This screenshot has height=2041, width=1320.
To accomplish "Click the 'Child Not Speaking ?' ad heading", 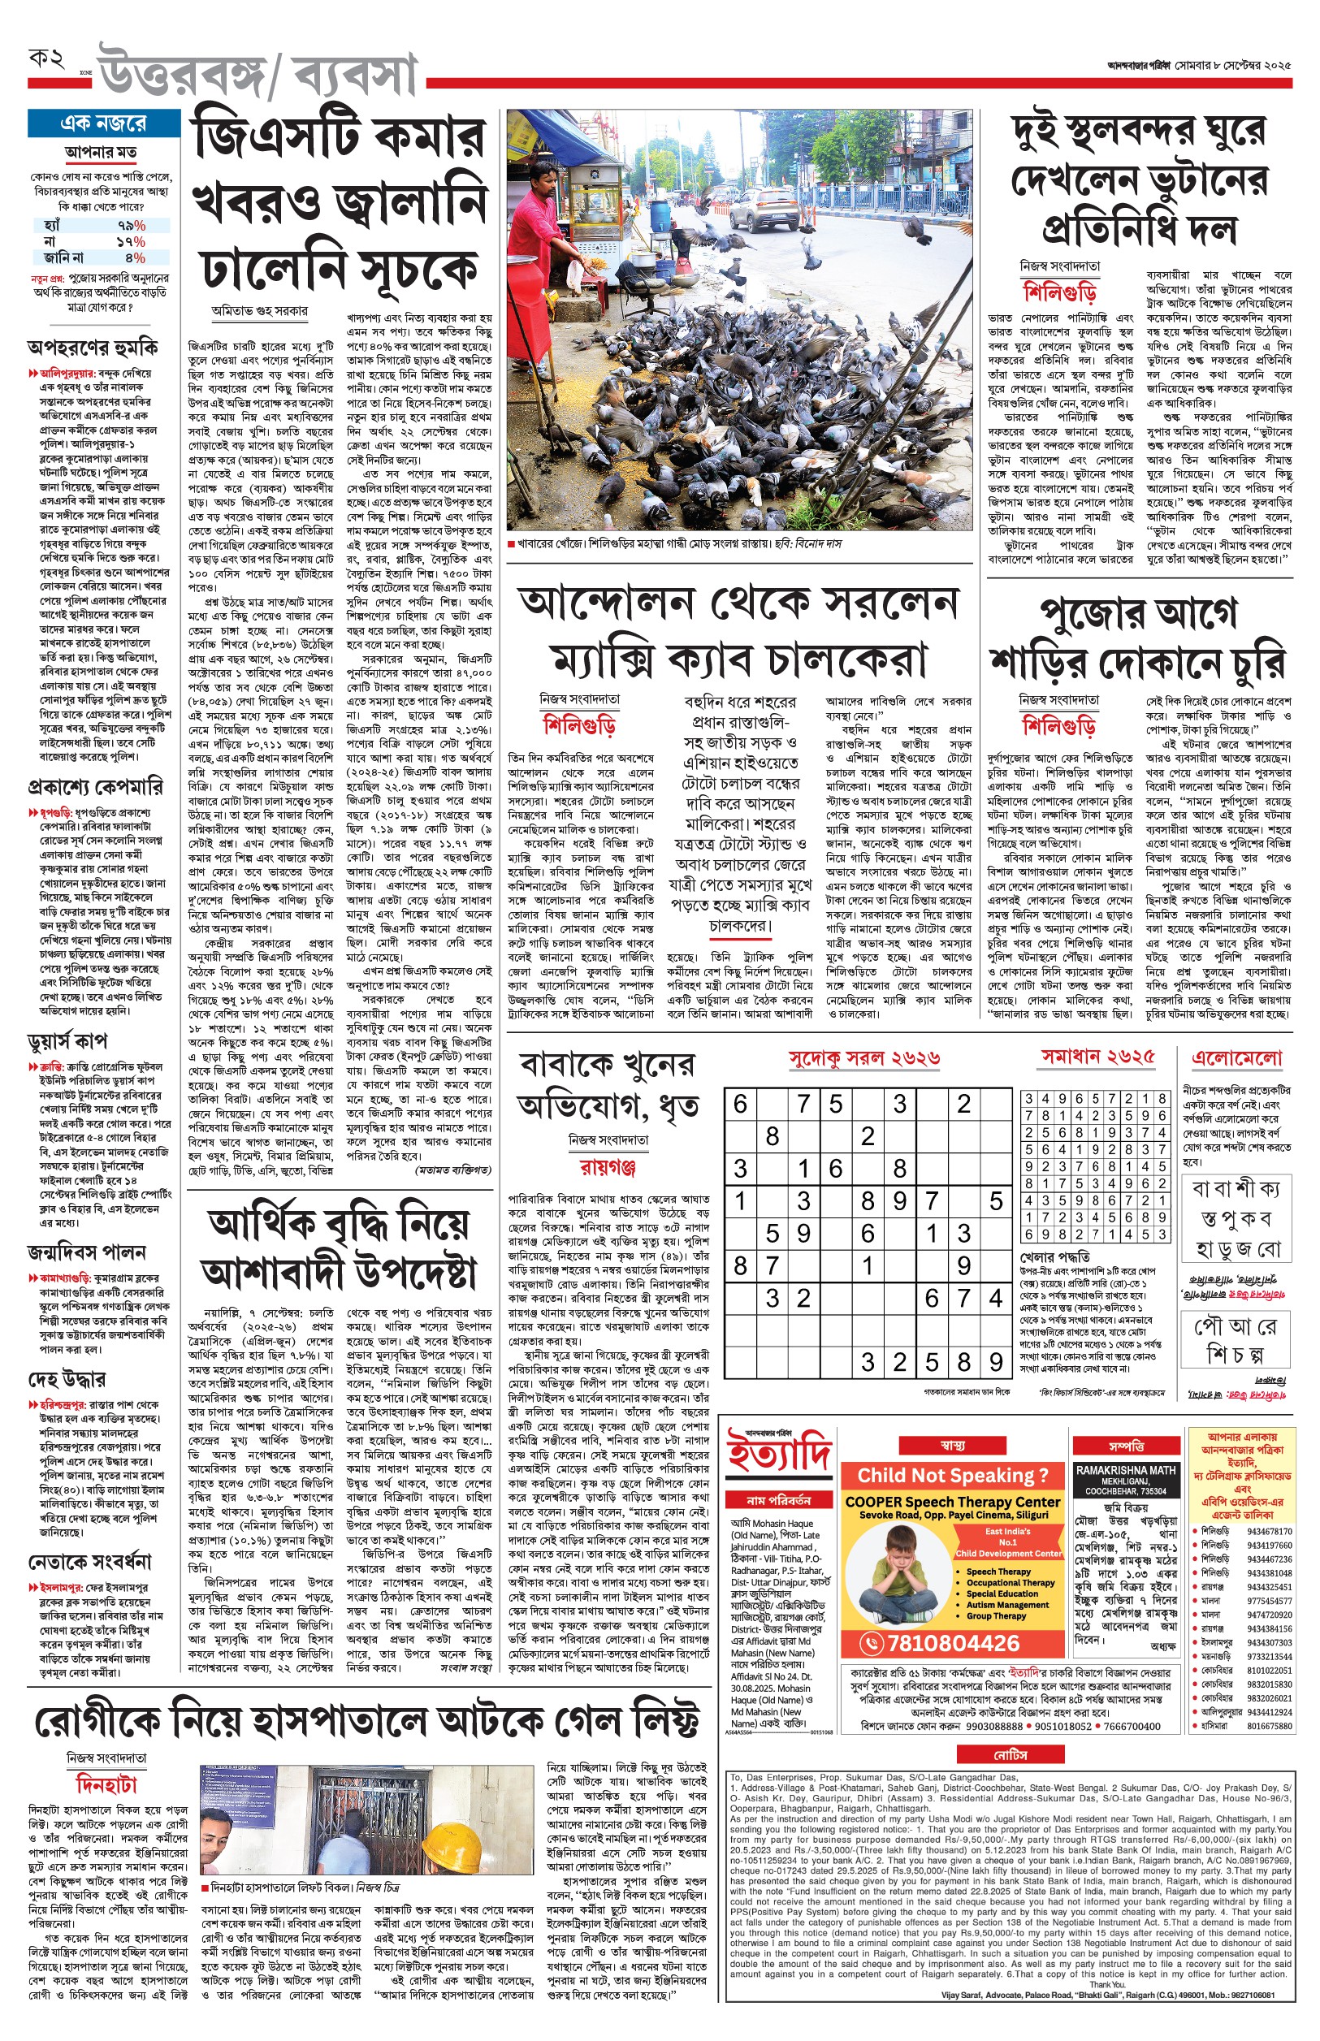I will pos(952,1475).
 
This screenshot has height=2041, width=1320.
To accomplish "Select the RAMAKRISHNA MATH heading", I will pos(1125,1469).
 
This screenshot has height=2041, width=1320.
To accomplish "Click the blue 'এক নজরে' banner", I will pos(103,123).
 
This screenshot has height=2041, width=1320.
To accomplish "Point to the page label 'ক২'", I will pos(46,60).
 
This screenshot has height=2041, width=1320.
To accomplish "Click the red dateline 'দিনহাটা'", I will pos(107,1785).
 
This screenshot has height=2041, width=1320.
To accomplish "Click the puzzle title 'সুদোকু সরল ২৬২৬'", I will pos(863,1059).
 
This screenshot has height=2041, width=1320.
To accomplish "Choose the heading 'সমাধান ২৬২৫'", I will pos(1097,1057).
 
